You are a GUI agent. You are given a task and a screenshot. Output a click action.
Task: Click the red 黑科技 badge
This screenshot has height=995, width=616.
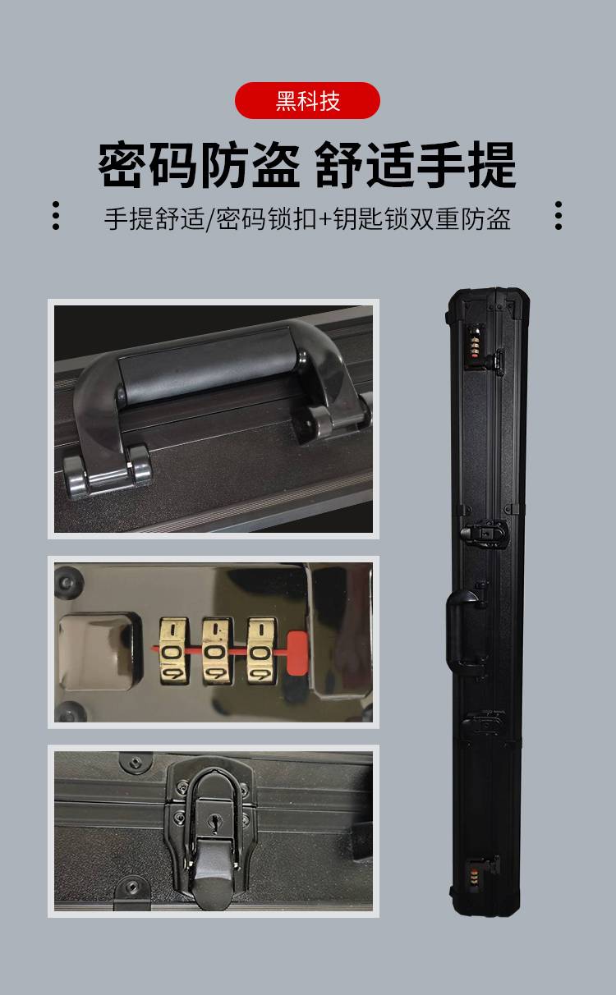point(307,100)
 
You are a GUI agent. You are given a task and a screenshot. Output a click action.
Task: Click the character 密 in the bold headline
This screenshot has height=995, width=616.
point(122,164)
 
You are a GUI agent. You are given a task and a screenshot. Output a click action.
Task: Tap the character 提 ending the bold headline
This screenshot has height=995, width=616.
point(493,164)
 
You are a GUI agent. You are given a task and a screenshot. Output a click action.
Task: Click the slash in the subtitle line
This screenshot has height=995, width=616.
point(210,219)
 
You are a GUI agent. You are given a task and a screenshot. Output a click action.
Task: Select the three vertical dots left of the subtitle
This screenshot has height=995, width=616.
point(56,216)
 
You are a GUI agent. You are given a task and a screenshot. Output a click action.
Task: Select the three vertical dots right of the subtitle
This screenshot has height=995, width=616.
point(559,216)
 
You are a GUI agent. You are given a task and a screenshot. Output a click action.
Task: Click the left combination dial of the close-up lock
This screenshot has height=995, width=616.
point(173,651)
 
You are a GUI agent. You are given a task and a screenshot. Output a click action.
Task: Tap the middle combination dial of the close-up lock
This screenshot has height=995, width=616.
point(218,651)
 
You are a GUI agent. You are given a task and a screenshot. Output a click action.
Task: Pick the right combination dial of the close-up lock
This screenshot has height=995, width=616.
point(261,651)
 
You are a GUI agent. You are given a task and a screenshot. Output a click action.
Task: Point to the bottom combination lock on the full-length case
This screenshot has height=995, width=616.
point(474,878)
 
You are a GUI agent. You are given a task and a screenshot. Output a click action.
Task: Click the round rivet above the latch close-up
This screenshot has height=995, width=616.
point(136,763)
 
